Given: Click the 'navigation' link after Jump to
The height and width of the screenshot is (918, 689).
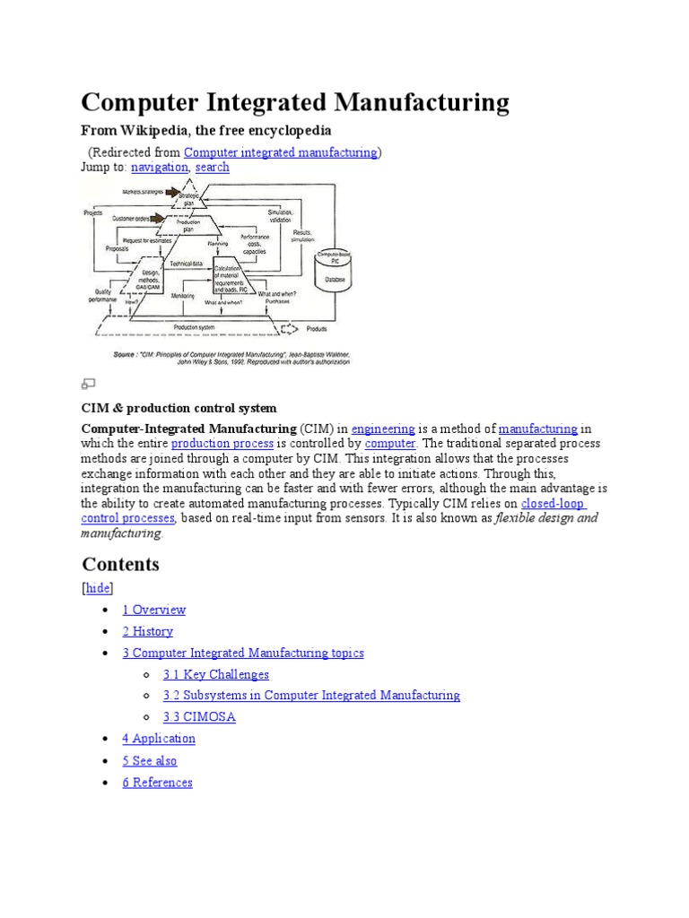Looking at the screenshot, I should (x=160, y=167).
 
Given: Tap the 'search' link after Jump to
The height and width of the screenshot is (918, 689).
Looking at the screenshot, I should (x=212, y=167).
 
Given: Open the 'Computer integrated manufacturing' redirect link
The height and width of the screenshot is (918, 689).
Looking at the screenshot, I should (x=281, y=152).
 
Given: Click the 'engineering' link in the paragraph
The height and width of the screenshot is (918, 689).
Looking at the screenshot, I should (x=383, y=429).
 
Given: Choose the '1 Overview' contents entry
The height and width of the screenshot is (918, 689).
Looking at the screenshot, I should (x=154, y=610).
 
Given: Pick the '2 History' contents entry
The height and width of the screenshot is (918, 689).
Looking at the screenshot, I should (x=148, y=631).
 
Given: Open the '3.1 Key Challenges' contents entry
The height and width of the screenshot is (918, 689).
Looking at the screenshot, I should (x=216, y=674).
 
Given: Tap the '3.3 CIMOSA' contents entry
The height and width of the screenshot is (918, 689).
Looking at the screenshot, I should (x=199, y=717).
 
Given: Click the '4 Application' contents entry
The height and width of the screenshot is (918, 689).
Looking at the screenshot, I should (x=159, y=739).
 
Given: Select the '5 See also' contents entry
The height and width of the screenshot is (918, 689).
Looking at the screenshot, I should (x=150, y=761).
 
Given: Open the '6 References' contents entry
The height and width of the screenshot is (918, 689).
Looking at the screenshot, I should (x=158, y=783).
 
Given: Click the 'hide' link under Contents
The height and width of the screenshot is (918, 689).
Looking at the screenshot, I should (x=98, y=588).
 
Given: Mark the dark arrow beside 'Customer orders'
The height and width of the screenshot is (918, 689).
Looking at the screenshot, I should (x=159, y=218).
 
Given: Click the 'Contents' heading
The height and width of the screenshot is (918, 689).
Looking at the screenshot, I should (x=120, y=564).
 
